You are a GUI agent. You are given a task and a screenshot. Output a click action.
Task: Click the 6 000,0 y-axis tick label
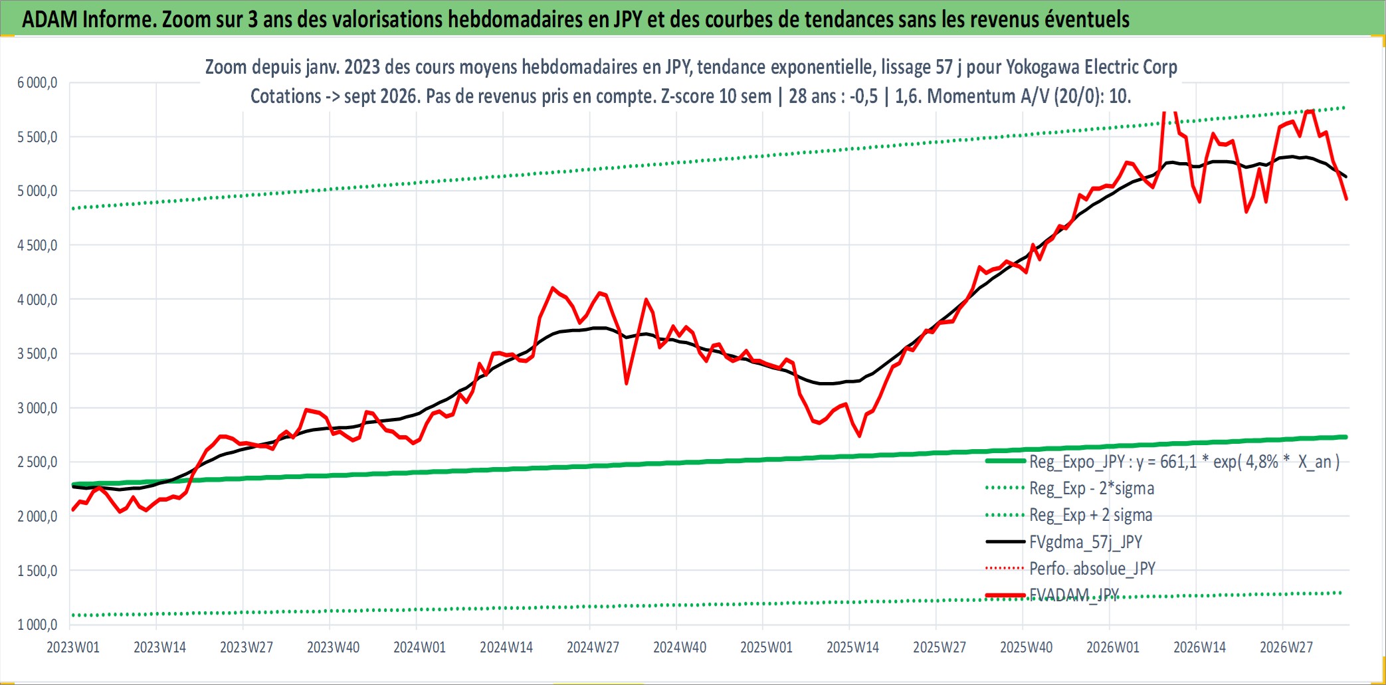click(38, 82)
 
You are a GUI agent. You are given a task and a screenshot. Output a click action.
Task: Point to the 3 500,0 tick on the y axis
click(38, 353)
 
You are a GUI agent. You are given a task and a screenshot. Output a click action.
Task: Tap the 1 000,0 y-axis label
click(38, 625)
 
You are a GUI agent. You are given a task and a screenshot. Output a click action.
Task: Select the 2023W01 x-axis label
click(73, 647)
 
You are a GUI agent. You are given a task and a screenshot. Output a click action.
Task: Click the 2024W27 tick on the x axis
click(593, 647)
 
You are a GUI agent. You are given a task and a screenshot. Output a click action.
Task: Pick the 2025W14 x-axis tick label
click(852, 647)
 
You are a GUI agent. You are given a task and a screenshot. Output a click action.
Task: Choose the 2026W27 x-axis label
click(1286, 647)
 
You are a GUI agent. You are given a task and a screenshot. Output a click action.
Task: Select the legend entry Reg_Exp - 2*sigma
click(1070, 488)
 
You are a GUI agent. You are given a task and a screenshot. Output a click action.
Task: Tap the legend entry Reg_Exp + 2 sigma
click(1069, 515)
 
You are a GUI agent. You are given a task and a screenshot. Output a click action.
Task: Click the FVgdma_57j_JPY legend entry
click(1064, 542)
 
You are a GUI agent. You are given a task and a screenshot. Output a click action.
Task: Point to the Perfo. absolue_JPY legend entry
click(1070, 569)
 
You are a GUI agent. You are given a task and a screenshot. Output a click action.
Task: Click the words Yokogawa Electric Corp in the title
click(1092, 67)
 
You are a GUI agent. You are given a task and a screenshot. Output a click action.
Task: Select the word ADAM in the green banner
click(50, 19)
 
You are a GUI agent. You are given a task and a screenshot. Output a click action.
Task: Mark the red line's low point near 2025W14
click(860, 436)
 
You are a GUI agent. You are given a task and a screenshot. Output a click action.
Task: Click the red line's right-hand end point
click(1346, 199)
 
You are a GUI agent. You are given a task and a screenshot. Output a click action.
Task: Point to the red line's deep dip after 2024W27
click(626, 383)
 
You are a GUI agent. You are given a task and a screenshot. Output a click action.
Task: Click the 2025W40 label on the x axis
click(1026, 647)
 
